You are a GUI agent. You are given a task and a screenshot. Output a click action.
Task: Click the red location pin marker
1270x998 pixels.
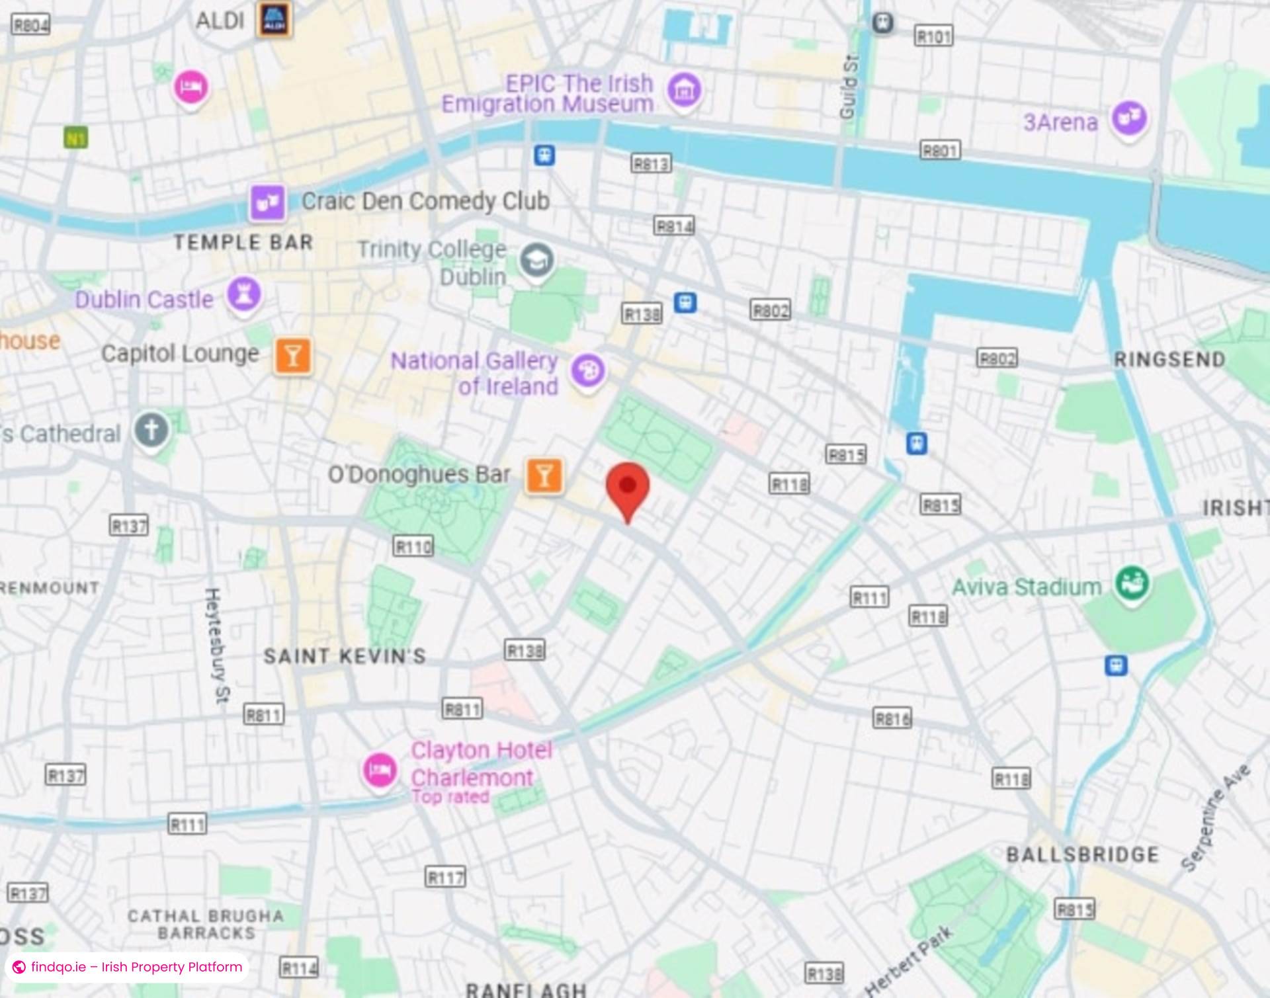click(x=628, y=487)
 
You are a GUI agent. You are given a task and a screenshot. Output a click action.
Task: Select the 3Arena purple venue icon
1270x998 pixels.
click(x=1129, y=118)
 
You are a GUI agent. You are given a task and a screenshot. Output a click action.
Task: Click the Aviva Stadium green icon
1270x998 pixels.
click(x=1132, y=583)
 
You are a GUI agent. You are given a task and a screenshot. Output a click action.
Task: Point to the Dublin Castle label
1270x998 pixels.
click(x=144, y=300)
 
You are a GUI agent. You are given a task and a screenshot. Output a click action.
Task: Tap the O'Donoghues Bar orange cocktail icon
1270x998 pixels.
click(x=544, y=475)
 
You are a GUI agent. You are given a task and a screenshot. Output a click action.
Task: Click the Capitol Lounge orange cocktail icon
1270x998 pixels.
click(x=293, y=356)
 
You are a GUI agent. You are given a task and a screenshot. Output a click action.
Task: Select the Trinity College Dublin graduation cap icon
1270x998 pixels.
click(x=536, y=260)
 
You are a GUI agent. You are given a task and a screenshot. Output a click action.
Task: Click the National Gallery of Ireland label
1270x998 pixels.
click(x=475, y=374)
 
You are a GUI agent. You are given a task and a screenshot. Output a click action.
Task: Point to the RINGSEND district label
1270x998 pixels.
click(x=1169, y=360)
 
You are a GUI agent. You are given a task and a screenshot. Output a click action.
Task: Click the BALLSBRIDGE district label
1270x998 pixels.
click(x=1082, y=854)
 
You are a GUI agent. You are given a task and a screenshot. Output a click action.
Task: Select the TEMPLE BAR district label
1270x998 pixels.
click(x=243, y=243)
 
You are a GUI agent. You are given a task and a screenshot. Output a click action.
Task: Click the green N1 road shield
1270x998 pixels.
click(x=76, y=138)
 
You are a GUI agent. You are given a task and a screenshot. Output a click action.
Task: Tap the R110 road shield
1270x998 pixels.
click(x=413, y=546)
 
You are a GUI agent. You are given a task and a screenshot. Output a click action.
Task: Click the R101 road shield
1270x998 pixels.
click(x=933, y=36)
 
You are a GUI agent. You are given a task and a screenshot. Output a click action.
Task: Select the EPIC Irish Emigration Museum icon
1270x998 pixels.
click(x=684, y=90)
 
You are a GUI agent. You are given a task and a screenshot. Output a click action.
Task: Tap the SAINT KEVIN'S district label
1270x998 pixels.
click(x=345, y=656)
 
